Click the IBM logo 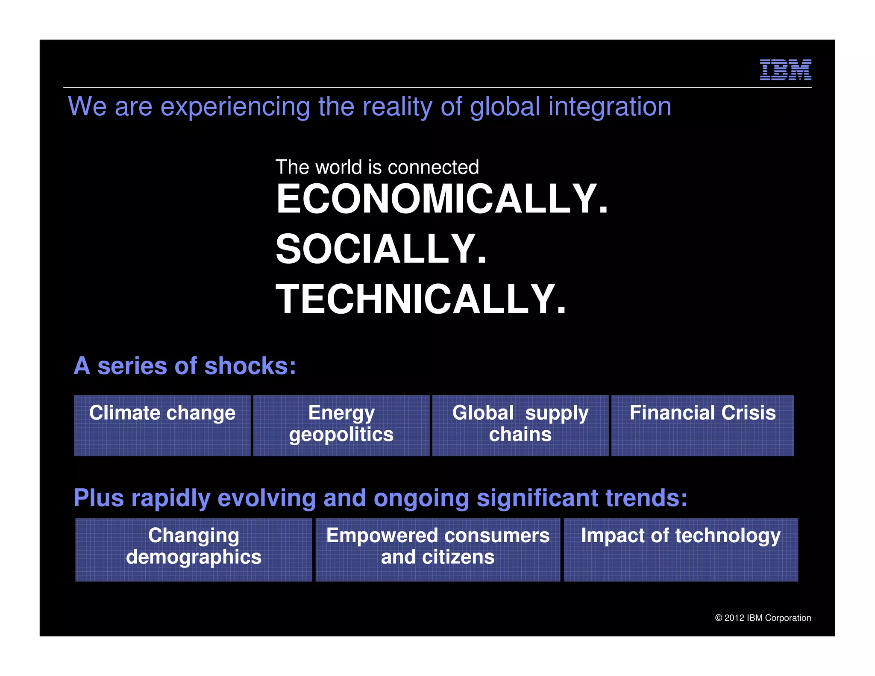pos(785,70)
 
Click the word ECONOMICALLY pos(442,199)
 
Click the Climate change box pos(162,425)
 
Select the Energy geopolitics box pos(341,425)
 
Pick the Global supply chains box pos(520,425)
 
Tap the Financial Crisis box pos(702,425)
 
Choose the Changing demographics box pos(194,549)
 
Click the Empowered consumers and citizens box pos(437,549)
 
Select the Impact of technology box pos(681,549)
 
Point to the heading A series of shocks pos(185,366)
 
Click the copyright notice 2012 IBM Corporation pos(763,618)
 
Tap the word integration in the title pos(610,106)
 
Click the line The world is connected pos(377,167)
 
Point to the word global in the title pos(505,106)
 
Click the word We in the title pos(87,106)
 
